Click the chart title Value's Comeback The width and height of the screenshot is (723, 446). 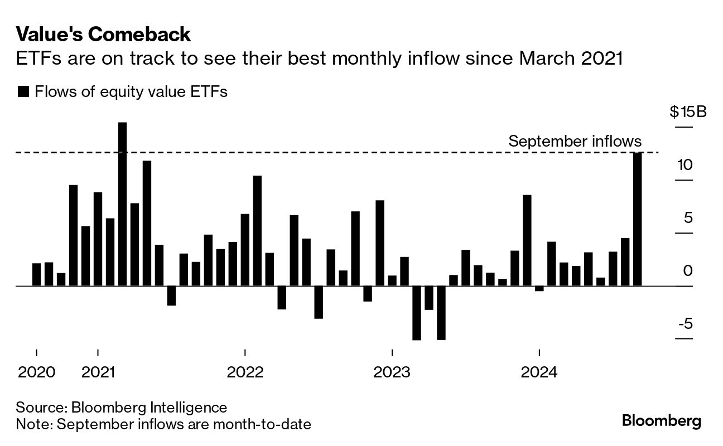104,35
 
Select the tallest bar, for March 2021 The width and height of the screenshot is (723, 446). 122,204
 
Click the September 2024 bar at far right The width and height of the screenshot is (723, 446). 637,219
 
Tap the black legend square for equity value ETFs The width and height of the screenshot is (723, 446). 23,92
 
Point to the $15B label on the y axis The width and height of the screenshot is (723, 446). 688,112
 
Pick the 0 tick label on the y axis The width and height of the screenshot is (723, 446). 688,271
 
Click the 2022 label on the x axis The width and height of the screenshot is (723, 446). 245,371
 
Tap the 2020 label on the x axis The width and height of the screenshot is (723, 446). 37,371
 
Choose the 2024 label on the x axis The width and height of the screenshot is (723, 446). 539,371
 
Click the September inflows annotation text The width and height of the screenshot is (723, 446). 575,142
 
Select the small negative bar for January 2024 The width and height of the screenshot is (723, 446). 539,288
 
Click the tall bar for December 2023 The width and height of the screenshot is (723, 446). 527,240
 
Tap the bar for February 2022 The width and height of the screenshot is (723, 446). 257,231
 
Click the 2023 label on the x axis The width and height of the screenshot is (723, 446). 392,371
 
